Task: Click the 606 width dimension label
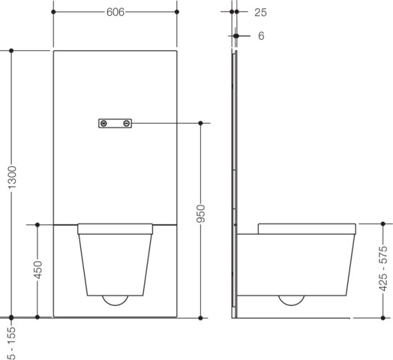[x=115, y=12]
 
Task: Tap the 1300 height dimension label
[x=12, y=177]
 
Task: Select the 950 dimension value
[x=200, y=214]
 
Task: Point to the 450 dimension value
[x=37, y=270]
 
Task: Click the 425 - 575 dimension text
[x=383, y=269]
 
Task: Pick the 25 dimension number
[x=261, y=13]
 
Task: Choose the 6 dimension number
[x=261, y=36]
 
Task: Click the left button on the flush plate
[x=103, y=123]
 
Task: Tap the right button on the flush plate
[x=127, y=123]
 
